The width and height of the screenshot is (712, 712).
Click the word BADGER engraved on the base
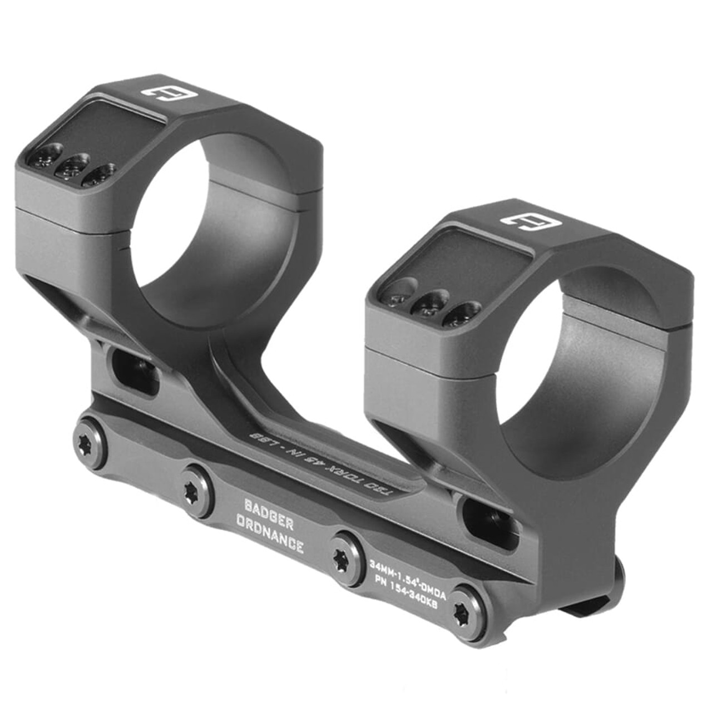269,507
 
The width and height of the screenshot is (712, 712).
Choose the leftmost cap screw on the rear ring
50,154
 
